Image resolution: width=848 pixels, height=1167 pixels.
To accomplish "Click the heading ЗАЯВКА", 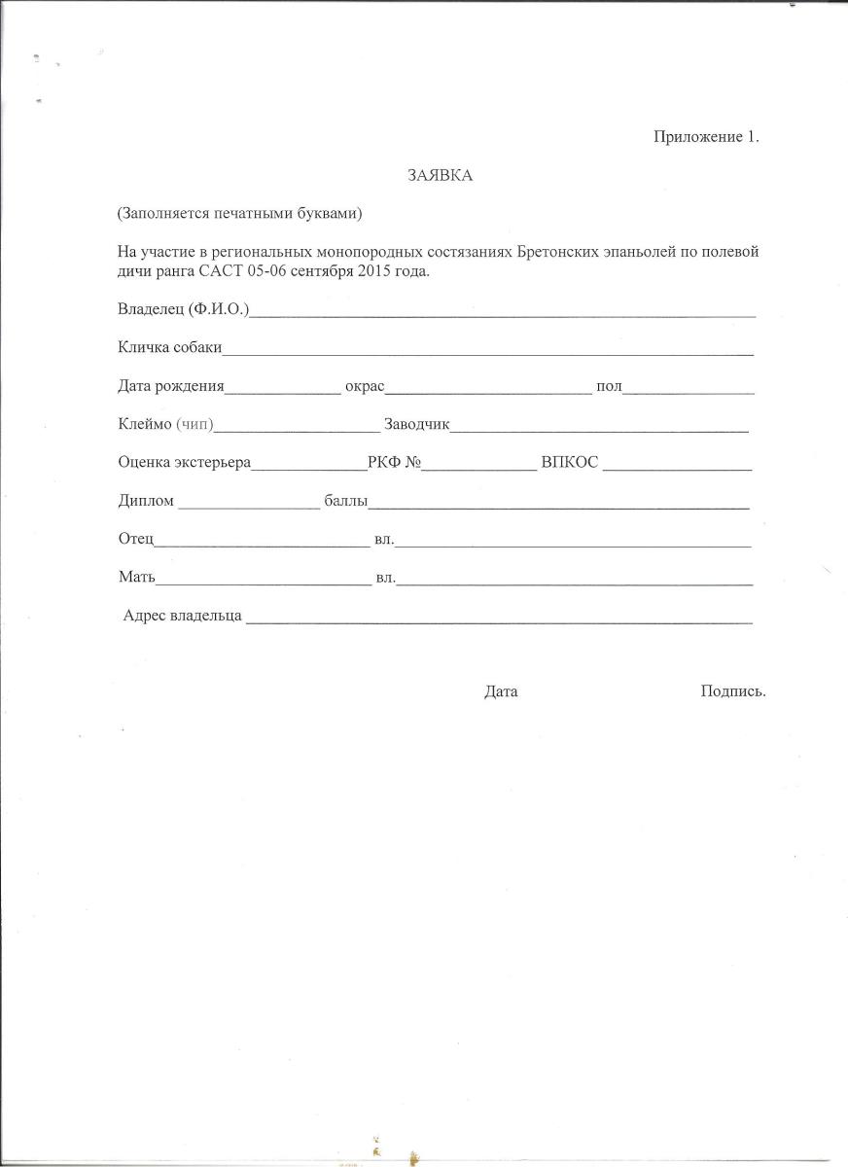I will tap(440, 175).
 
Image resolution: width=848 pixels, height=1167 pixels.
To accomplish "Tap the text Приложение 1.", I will tap(705, 137).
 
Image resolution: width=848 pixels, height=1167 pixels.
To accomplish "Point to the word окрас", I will tap(365, 387).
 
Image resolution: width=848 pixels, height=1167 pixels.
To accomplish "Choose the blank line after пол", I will tap(689, 391).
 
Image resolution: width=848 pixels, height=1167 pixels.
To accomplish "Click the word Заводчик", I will tap(417, 425).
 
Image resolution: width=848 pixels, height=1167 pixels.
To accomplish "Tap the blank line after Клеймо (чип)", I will tap(297, 429).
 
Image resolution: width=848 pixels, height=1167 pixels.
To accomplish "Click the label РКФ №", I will tap(394, 464).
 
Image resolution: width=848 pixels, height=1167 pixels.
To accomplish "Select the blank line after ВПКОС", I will tap(677, 468).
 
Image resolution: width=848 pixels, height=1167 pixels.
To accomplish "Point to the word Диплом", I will tap(146, 502).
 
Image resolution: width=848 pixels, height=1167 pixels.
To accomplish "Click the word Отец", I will tap(135, 540).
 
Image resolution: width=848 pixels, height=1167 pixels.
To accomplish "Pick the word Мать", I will tap(136, 578).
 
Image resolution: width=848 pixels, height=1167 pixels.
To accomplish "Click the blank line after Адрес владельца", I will tap(499, 619).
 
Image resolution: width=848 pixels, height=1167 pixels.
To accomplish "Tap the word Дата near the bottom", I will tap(501, 691).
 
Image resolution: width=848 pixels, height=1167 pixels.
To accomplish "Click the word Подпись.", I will tap(732, 691).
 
